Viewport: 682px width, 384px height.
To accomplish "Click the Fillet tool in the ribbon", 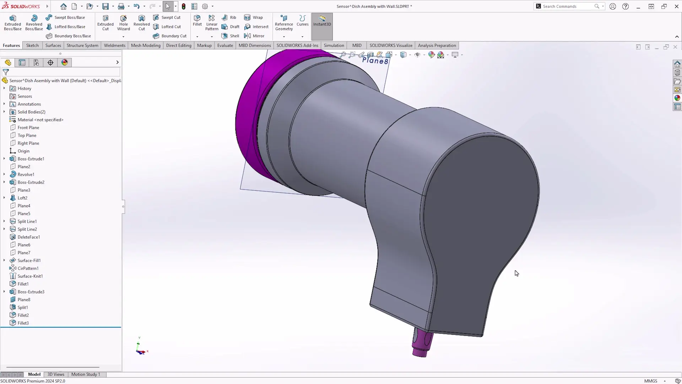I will (197, 21).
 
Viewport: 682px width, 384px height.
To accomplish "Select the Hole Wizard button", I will (123, 23).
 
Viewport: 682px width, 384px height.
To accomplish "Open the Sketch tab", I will (32, 45).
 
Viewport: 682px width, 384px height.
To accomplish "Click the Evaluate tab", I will (225, 45).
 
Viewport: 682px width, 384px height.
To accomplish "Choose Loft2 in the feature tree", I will (22, 198).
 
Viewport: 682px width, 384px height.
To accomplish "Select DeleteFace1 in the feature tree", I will (28, 237).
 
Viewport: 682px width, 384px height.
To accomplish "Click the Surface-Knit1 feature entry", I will (30, 276).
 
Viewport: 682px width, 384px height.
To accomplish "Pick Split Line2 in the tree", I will (27, 229).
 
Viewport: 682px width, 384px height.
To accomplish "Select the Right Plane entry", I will (28, 143).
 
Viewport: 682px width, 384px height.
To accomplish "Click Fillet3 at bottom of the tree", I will (23, 323).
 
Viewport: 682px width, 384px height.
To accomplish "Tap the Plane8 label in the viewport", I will (375, 61).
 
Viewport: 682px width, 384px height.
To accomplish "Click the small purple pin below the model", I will (422, 343).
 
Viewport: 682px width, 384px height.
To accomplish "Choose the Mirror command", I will (254, 36).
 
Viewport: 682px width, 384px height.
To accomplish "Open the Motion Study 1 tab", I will (85, 374).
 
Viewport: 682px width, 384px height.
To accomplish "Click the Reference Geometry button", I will (284, 23).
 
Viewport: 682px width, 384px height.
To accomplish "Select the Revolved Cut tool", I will (141, 23).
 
